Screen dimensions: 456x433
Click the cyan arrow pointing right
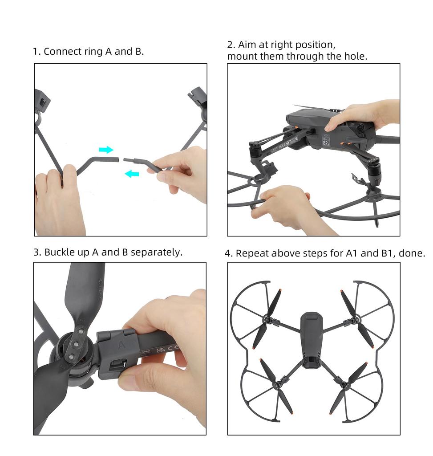coord(106,150)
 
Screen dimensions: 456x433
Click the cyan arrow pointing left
coord(132,173)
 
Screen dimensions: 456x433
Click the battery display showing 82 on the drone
coord(326,142)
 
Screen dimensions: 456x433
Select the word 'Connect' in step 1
coord(63,51)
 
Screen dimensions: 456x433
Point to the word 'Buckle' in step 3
coord(60,252)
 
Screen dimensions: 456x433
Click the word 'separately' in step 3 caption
coord(156,252)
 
